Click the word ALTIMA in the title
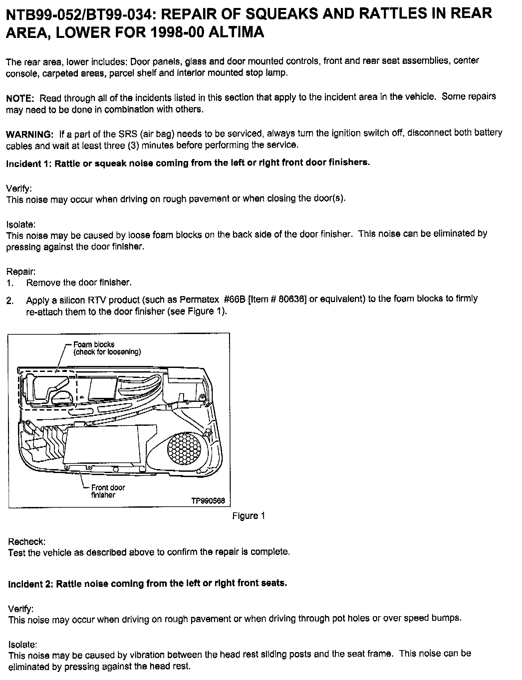[x=232, y=32]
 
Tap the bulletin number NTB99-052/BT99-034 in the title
[x=83, y=13]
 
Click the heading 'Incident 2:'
[x=30, y=584]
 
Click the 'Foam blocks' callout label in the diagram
[x=94, y=344]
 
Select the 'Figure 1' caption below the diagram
[x=248, y=516]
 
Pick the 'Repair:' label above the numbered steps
[x=21, y=271]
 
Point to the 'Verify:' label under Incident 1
[x=19, y=188]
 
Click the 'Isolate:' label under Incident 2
[x=22, y=645]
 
